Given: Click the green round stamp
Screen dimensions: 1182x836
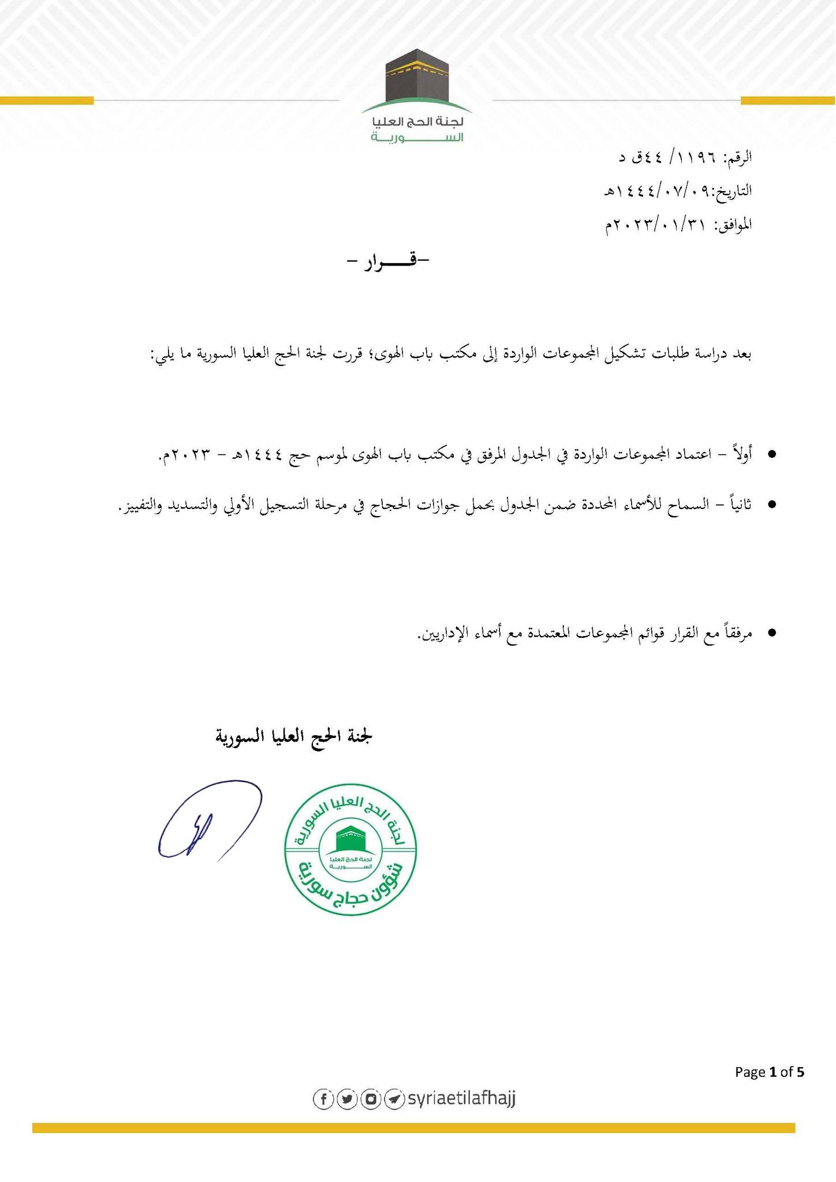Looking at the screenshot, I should pyautogui.click(x=351, y=852).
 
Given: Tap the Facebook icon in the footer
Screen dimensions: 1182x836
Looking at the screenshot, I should pyautogui.click(x=323, y=1099).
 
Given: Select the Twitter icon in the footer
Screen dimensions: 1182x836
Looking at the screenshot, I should pyautogui.click(x=346, y=1099).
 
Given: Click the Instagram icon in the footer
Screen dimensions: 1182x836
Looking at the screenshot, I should pyautogui.click(x=370, y=1099).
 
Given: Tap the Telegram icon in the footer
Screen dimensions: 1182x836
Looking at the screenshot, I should pyautogui.click(x=394, y=1099).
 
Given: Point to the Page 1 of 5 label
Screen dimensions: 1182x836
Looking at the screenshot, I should pyautogui.click(x=769, y=1072).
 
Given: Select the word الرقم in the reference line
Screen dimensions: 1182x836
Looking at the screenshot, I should pyautogui.click(x=738, y=157).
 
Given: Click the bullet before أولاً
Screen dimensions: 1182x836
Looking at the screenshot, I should pyautogui.click(x=771, y=455).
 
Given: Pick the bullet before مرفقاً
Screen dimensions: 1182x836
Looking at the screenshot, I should pyautogui.click(x=771, y=633).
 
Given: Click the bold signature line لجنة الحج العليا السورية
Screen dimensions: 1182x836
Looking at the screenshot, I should pyautogui.click(x=294, y=737).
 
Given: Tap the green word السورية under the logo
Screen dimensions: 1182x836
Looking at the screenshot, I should pyautogui.click(x=417, y=138).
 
